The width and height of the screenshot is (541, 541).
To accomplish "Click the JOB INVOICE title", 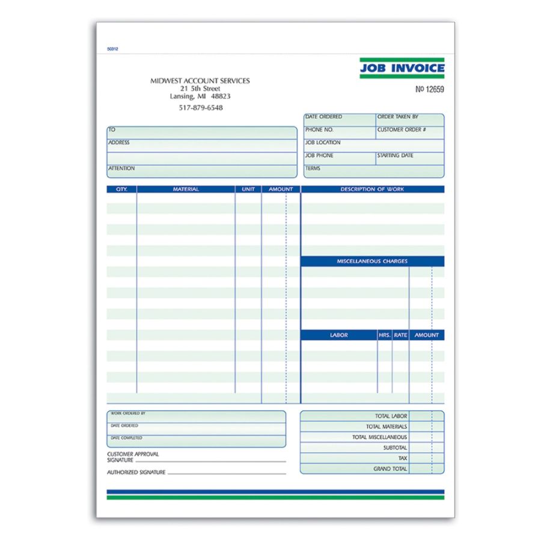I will [x=402, y=69].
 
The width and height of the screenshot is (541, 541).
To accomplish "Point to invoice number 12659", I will [x=430, y=90].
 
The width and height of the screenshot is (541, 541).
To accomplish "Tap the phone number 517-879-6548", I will [x=200, y=108].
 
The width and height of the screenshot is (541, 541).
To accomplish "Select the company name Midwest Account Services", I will [x=200, y=81].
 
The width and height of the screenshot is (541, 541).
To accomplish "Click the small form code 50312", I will [x=112, y=49].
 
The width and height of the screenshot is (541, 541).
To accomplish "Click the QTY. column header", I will [x=121, y=189].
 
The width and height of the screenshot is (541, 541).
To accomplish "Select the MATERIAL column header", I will [x=186, y=189].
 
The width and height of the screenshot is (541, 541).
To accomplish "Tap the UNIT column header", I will [x=248, y=189].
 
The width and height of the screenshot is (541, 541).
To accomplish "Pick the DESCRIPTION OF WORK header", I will [x=372, y=189].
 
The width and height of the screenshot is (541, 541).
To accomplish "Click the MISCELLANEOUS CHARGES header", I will [x=372, y=261].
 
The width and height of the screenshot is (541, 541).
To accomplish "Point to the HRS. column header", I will [x=385, y=335].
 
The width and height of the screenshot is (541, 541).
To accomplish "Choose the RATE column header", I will [x=400, y=335].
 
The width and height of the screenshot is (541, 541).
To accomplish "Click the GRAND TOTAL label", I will [x=390, y=469].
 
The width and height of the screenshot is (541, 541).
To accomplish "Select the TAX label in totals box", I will [x=402, y=458].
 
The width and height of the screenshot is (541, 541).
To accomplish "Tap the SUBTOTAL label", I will [x=395, y=448].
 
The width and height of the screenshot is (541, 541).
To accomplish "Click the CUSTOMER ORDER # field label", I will [x=402, y=130].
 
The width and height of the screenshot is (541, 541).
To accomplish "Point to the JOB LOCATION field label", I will [x=323, y=143].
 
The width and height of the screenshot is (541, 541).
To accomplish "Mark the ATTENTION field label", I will [x=121, y=169].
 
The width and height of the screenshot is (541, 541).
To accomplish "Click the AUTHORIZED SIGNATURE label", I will [x=136, y=472].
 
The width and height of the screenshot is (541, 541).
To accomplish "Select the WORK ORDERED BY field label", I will [x=128, y=414].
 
